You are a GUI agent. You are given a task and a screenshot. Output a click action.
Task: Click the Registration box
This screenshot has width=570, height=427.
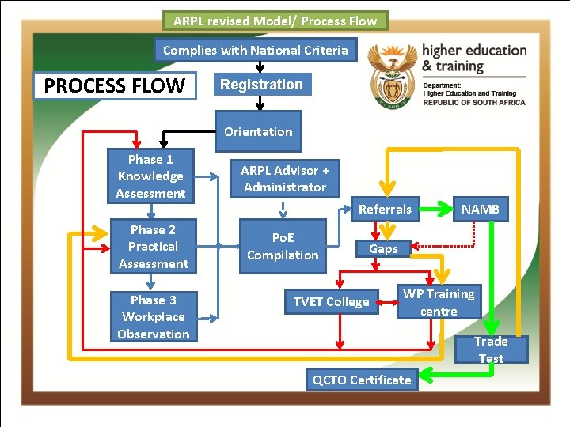[x=261, y=85]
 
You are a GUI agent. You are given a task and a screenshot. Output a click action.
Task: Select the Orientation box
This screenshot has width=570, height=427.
[x=258, y=132]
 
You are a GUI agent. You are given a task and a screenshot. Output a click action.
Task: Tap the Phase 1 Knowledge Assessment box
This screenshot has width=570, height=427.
[x=150, y=176]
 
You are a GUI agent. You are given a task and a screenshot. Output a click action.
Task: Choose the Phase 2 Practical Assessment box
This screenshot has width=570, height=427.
[x=154, y=247]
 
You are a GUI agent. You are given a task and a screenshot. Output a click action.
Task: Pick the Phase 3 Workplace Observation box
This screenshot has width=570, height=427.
[x=154, y=317]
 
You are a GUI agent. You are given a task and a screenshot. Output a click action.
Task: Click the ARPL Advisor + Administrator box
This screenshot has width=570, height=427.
[x=285, y=179]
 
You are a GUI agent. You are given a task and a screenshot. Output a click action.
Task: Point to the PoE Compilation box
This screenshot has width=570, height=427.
[x=283, y=247]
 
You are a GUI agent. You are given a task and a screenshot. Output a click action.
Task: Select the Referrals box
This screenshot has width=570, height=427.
[x=385, y=210]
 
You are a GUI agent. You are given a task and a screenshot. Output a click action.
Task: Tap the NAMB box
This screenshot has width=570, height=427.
[x=481, y=210]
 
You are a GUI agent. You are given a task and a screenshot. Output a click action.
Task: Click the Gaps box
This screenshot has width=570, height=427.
[x=383, y=248]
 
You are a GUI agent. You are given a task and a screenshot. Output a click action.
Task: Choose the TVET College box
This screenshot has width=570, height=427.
[x=331, y=302]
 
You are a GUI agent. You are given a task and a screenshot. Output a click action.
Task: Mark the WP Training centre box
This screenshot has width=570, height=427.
[x=439, y=302]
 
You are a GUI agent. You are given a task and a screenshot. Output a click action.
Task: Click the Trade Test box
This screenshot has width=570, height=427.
[x=491, y=350]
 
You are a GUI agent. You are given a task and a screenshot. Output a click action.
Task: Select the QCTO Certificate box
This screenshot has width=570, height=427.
[x=362, y=380]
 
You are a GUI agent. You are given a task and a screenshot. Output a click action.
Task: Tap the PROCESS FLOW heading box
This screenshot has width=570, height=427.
[x=115, y=85]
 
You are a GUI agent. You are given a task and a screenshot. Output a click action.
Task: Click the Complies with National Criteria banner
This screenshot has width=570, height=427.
[x=255, y=50]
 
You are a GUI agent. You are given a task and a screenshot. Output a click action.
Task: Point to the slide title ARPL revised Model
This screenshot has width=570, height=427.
[x=275, y=21]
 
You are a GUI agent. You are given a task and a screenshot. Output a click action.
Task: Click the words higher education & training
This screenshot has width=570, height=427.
[x=474, y=58]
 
